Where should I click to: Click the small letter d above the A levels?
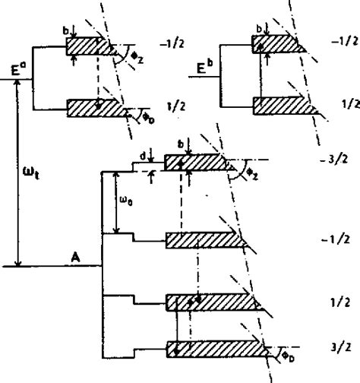pyautogui.click(x=144, y=158)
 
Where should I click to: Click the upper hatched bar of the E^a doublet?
pyautogui.click(x=95, y=46)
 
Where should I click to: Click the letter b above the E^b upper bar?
pyautogui.click(x=259, y=29)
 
